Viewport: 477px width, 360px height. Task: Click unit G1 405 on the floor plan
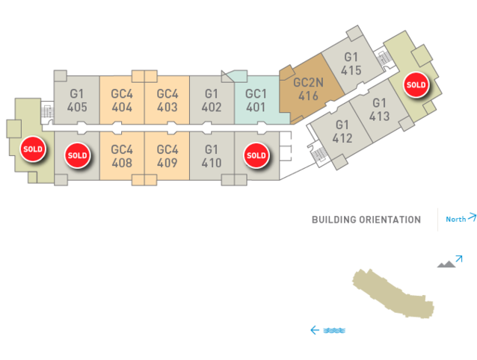tap(77, 100)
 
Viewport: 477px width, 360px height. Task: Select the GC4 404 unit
tap(122, 100)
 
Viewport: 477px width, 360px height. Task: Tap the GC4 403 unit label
tap(167, 100)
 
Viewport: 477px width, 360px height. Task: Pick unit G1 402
tap(212, 100)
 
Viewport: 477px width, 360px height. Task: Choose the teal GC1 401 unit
tap(256, 100)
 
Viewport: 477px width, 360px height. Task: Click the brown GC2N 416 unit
tap(308, 90)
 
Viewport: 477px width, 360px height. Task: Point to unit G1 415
tap(351, 63)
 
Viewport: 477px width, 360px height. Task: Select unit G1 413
tap(379, 109)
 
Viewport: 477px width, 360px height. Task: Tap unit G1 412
tap(342, 131)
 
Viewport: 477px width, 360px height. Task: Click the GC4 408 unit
tap(122, 156)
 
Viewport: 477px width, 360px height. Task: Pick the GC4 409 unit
tap(167, 156)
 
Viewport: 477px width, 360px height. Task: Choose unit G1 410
tap(212, 156)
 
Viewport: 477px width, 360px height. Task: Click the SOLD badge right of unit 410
tap(256, 155)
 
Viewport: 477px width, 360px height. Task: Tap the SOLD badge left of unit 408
tap(77, 155)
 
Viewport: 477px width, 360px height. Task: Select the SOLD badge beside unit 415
tap(416, 84)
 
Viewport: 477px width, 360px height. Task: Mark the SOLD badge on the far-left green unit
tap(33, 149)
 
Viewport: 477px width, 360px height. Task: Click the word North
tap(456, 219)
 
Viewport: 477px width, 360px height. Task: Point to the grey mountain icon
tap(446, 264)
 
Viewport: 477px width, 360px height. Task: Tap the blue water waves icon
tap(334, 330)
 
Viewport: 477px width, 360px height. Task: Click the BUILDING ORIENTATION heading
tap(366, 220)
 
